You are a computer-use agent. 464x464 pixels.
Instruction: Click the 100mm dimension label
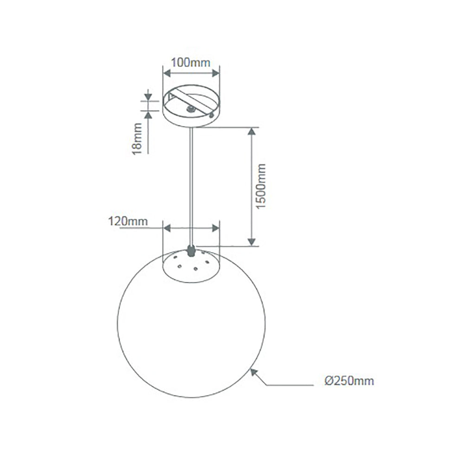[191, 62]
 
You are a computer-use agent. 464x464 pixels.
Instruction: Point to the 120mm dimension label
[128, 221]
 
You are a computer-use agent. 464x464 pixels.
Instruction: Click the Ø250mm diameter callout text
[349, 381]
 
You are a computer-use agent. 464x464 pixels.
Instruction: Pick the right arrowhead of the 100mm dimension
[215, 73]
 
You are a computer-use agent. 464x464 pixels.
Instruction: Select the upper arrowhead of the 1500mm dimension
[251, 132]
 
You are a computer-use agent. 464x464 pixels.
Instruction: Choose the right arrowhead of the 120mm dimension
[215, 228]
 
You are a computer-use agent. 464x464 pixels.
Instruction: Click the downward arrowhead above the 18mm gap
[148, 97]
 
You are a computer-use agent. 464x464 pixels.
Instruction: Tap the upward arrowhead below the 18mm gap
[148, 113]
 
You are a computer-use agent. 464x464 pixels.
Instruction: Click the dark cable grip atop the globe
[190, 251]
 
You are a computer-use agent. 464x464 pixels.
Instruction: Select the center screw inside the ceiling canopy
[190, 110]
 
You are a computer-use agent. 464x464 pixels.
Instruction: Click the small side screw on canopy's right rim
[212, 114]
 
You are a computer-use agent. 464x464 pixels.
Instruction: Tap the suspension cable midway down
[190, 186]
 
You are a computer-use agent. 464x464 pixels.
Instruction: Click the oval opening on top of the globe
[191, 264]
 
